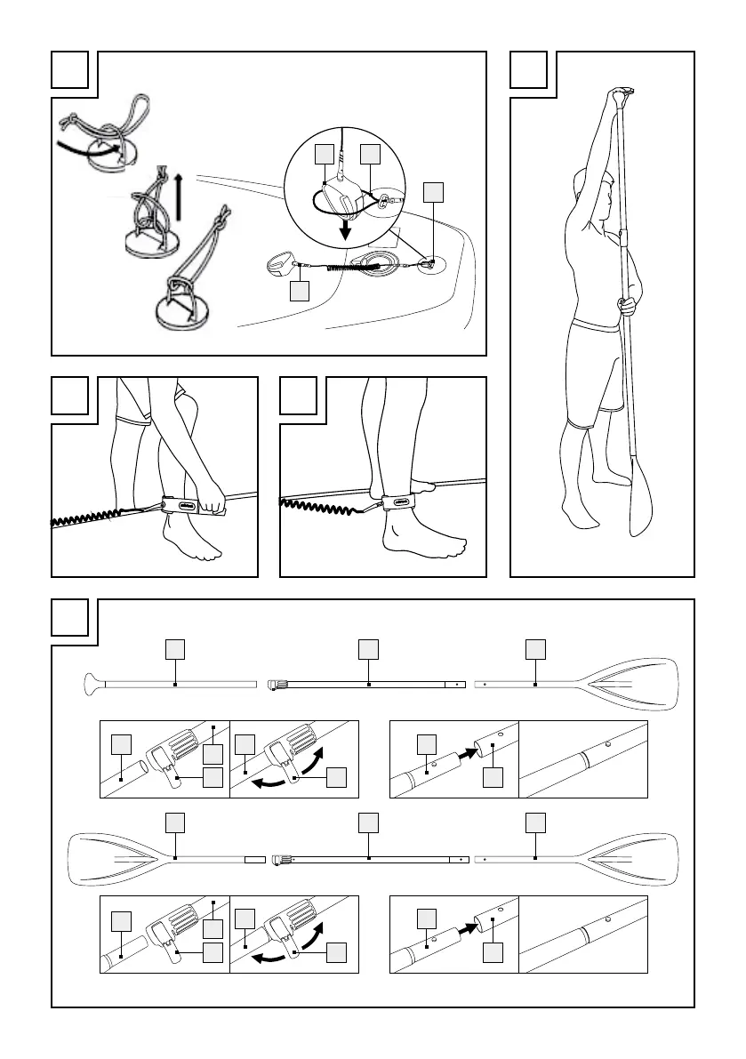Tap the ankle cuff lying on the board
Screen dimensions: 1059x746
[279, 265]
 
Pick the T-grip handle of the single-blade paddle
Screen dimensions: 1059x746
[92, 685]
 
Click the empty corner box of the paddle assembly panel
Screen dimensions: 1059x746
[69, 617]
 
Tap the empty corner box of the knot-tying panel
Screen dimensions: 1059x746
[69, 69]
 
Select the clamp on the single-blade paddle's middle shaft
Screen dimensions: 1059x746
[276, 685]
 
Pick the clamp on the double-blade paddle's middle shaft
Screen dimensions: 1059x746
[281, 859]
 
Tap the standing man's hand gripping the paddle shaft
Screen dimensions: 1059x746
[629, 305]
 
